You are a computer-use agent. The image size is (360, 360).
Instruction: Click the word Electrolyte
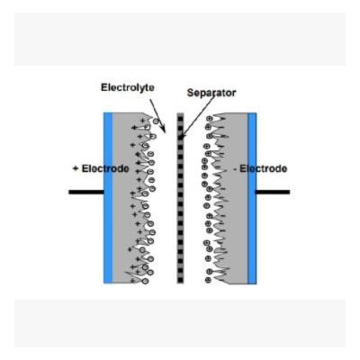pos(128,87)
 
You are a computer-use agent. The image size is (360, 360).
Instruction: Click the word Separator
pos(211,93)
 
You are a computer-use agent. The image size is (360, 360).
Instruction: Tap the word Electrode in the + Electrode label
pos(105,168)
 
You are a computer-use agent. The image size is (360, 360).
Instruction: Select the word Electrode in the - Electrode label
pos(263,168)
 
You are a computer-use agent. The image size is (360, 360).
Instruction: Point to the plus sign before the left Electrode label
pos(76,168)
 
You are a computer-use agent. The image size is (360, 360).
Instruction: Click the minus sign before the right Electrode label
pos(235,170)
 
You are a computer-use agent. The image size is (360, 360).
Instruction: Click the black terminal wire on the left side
pos(86,192)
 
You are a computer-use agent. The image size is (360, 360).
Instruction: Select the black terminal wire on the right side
pos(273,192)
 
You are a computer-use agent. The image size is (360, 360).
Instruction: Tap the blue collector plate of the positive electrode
pos(108,198)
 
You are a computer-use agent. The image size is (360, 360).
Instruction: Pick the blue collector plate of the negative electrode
pos(252,198)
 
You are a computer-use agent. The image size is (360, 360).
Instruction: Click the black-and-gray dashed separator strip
pos(180,198)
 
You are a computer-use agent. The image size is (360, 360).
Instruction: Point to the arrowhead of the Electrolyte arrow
pos(163,129)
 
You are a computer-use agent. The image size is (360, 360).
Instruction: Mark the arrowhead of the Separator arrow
pos(182,136)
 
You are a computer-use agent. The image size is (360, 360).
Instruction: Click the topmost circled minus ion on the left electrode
pos(156,121)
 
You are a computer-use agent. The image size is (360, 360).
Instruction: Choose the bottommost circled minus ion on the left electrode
pos(145,281)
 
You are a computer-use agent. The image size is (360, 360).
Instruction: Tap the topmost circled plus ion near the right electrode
pos(210,119)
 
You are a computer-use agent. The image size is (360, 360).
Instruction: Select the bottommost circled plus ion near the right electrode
pos(208,280)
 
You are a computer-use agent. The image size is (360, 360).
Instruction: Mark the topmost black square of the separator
pos(180,118)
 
